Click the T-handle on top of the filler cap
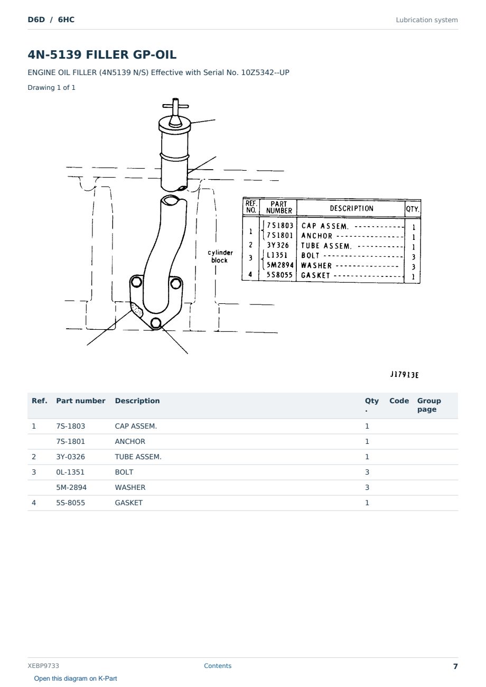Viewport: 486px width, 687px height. coord(175,106)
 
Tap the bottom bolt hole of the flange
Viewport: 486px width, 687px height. coord(156,323)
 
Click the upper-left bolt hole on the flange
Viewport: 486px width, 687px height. coord(136,282)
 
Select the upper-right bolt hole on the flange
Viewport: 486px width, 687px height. coord(176,283)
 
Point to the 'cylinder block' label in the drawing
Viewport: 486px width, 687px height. coord(220,256)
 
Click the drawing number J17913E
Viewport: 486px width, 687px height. coord(404,375)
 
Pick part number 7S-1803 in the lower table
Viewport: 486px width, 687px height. coord(71,426)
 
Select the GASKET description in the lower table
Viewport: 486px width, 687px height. coord(129,503)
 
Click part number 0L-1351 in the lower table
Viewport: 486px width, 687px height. coord(70,472)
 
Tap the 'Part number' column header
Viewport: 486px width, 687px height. coord(81,401)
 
